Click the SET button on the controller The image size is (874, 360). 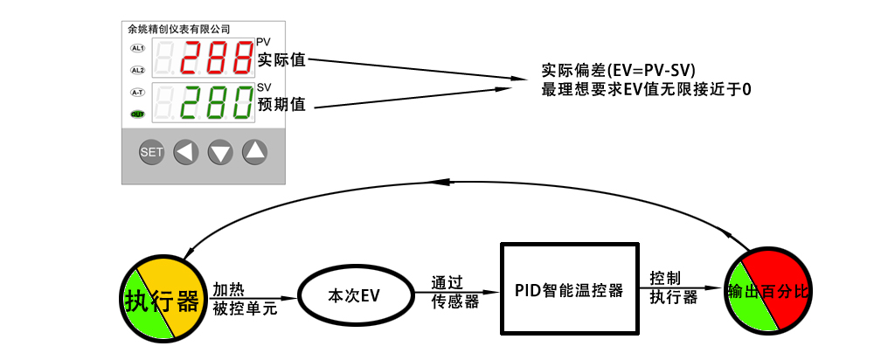coord(151,153)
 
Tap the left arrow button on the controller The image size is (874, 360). coord(185,153)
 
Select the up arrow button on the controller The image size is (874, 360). coord(254,153)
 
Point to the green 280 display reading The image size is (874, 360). coord(218,104)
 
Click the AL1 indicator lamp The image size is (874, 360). coord(137,47)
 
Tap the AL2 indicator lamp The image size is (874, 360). coord(137,70)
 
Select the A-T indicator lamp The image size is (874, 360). coord(137,92)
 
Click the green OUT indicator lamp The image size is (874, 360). coord(137,114)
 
